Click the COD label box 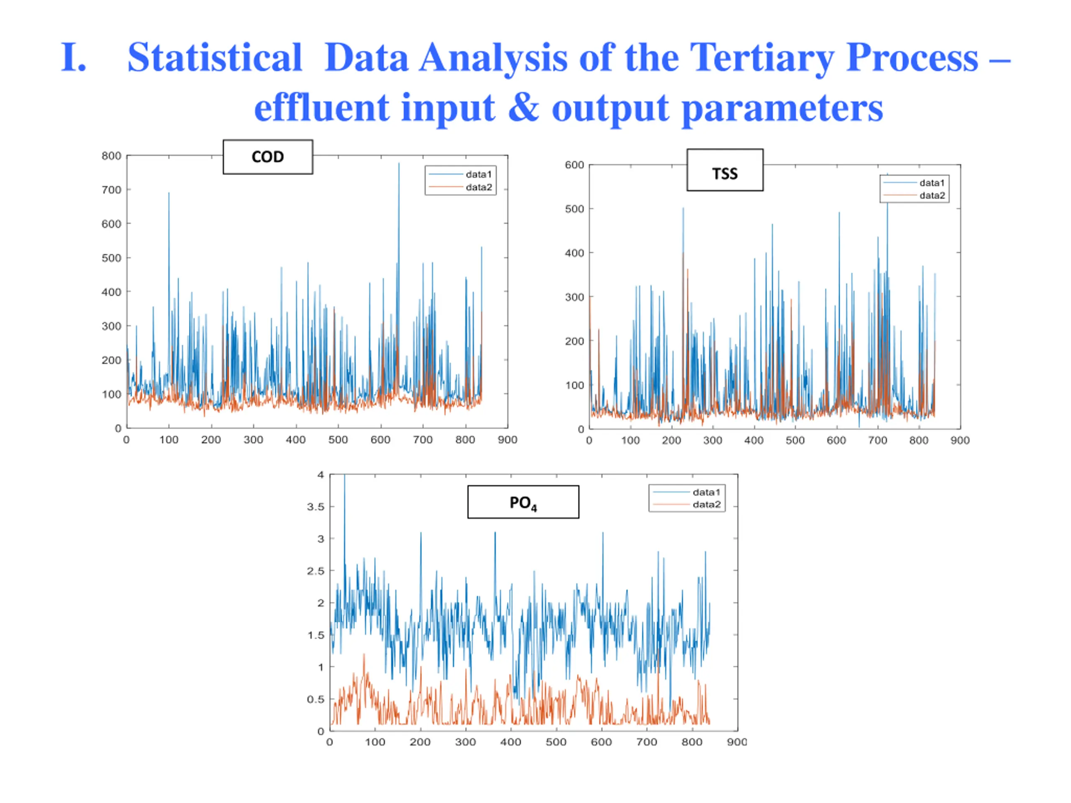pos(268,157)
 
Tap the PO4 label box pos(523,502)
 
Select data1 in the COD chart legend pos(478,174)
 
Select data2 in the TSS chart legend pos(932,196)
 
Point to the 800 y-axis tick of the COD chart pos(111,156)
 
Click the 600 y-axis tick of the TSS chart pos(574,165)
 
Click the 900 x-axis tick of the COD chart pos(507,440)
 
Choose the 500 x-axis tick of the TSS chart pos(795,440)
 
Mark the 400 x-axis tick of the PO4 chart pos(511,742)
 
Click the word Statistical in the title pos(215,58)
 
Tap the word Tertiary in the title pos(761,58)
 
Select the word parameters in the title pos(782,108)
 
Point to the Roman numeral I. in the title pos(74,58)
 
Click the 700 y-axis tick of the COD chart pos(111,190)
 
